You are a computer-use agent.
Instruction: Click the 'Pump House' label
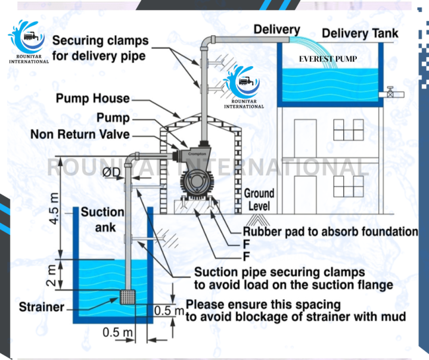click(93, 98)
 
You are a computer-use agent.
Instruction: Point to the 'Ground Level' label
click(259, 200)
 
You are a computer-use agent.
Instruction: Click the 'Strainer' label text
click(41, 308)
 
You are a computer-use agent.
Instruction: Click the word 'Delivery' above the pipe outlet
click(277, 30)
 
